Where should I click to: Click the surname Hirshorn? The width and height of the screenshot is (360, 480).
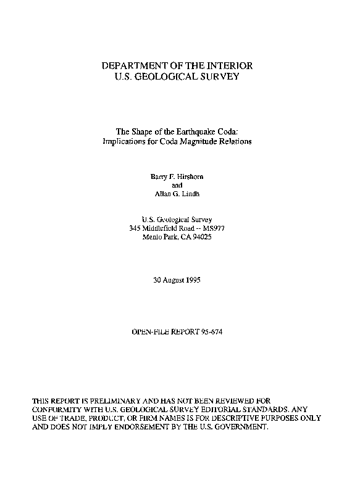(190, 176)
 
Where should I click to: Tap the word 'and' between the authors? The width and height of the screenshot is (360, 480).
(176, 185)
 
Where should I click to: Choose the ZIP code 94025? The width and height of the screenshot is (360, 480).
(201, 237)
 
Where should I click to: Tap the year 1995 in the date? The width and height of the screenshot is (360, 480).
(192, 280)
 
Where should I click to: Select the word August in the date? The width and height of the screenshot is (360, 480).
(174, 280)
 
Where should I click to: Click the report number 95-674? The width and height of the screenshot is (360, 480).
(212, 332)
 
